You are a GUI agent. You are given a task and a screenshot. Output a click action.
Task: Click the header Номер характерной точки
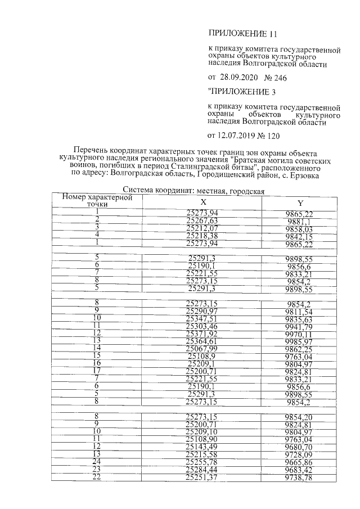coord(97,200)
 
